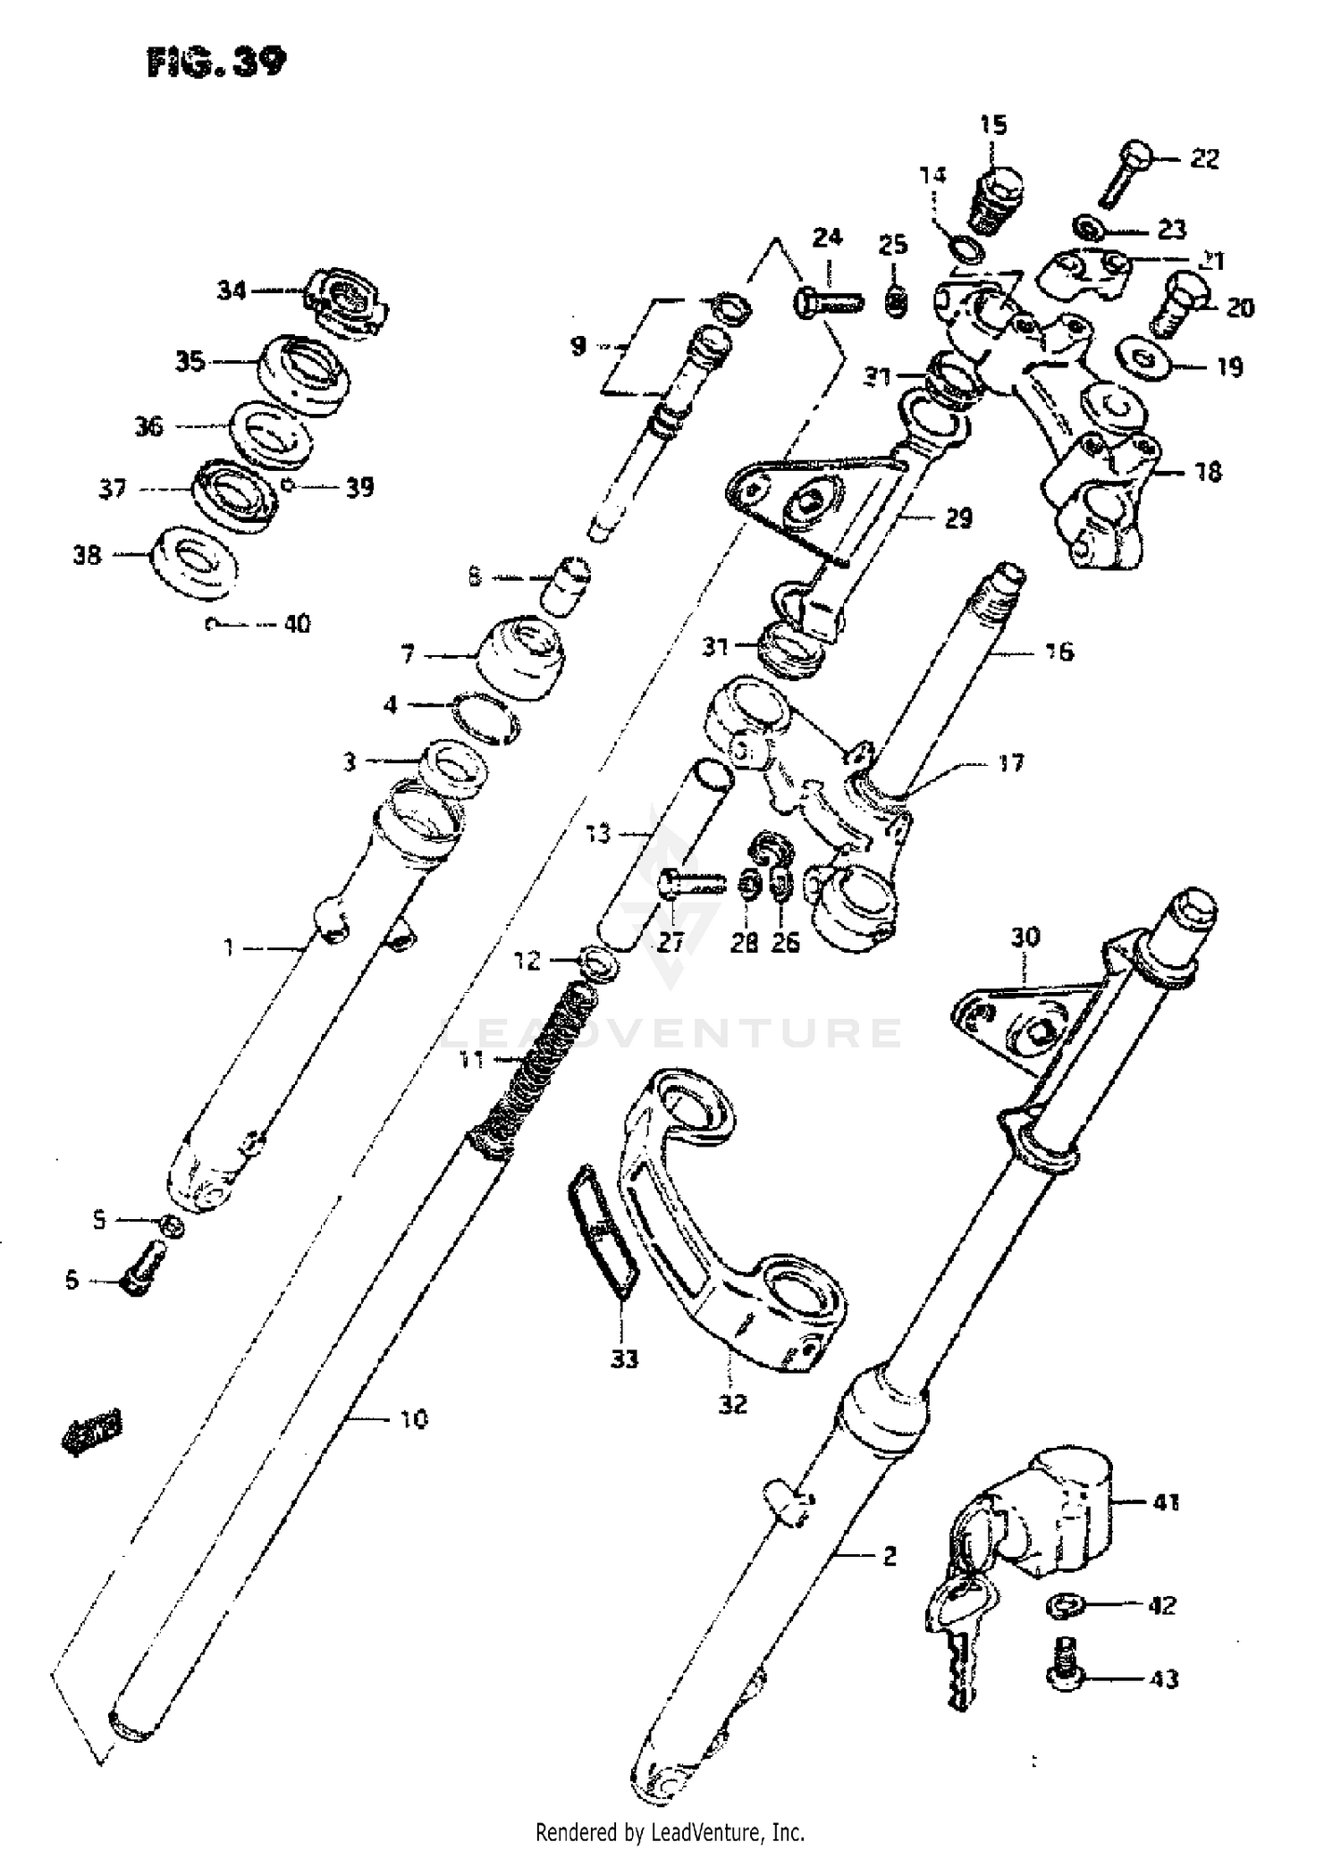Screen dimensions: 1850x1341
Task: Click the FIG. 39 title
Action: pyautogui.click(x=217, y=63)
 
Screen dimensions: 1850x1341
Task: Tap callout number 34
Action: pyautogui.click(x=232, y=290)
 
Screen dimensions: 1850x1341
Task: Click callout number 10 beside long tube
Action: pyautogui.click(x=412, y=1418)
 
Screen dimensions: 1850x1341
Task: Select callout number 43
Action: pyautogui.click(x=1163, y=1679)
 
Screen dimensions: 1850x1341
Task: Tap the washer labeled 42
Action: pyautogui.click(x=1064, y=1606)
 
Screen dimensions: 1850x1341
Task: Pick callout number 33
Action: pyautogui.click(x=625, y=1359)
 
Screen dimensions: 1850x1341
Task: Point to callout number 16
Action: pyautogui.click(x=1058, y=652)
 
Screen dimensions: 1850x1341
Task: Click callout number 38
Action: pyautogui.click(x=87, y=555)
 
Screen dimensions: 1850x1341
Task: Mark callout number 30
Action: pyautogui.click(x=1025, y=937)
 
